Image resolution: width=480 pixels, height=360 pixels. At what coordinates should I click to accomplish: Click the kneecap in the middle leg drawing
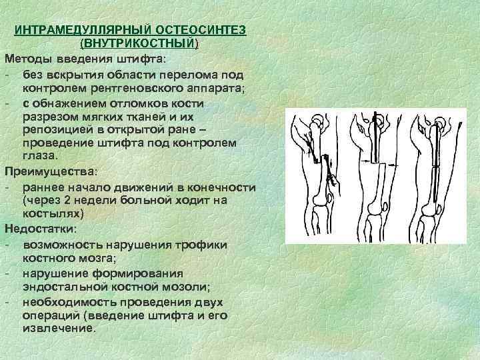pyautogui.click(x=378, y=212)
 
